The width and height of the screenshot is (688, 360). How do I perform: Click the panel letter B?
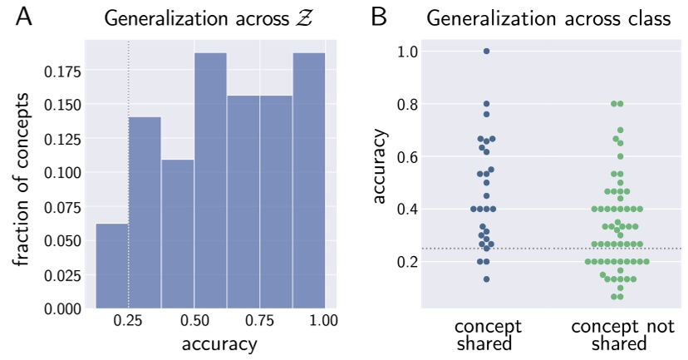(379, 17)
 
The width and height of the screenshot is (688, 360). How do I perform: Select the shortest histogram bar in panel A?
(112, 266)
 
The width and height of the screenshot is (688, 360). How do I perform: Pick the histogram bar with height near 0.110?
(177, 234)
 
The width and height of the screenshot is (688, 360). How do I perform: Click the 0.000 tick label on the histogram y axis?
(66, 309)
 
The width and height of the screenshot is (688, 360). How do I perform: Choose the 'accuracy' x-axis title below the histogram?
(210, 343)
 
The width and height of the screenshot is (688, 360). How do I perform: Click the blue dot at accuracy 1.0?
(486, 51)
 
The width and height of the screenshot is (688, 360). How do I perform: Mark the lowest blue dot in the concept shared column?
(486, 279)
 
